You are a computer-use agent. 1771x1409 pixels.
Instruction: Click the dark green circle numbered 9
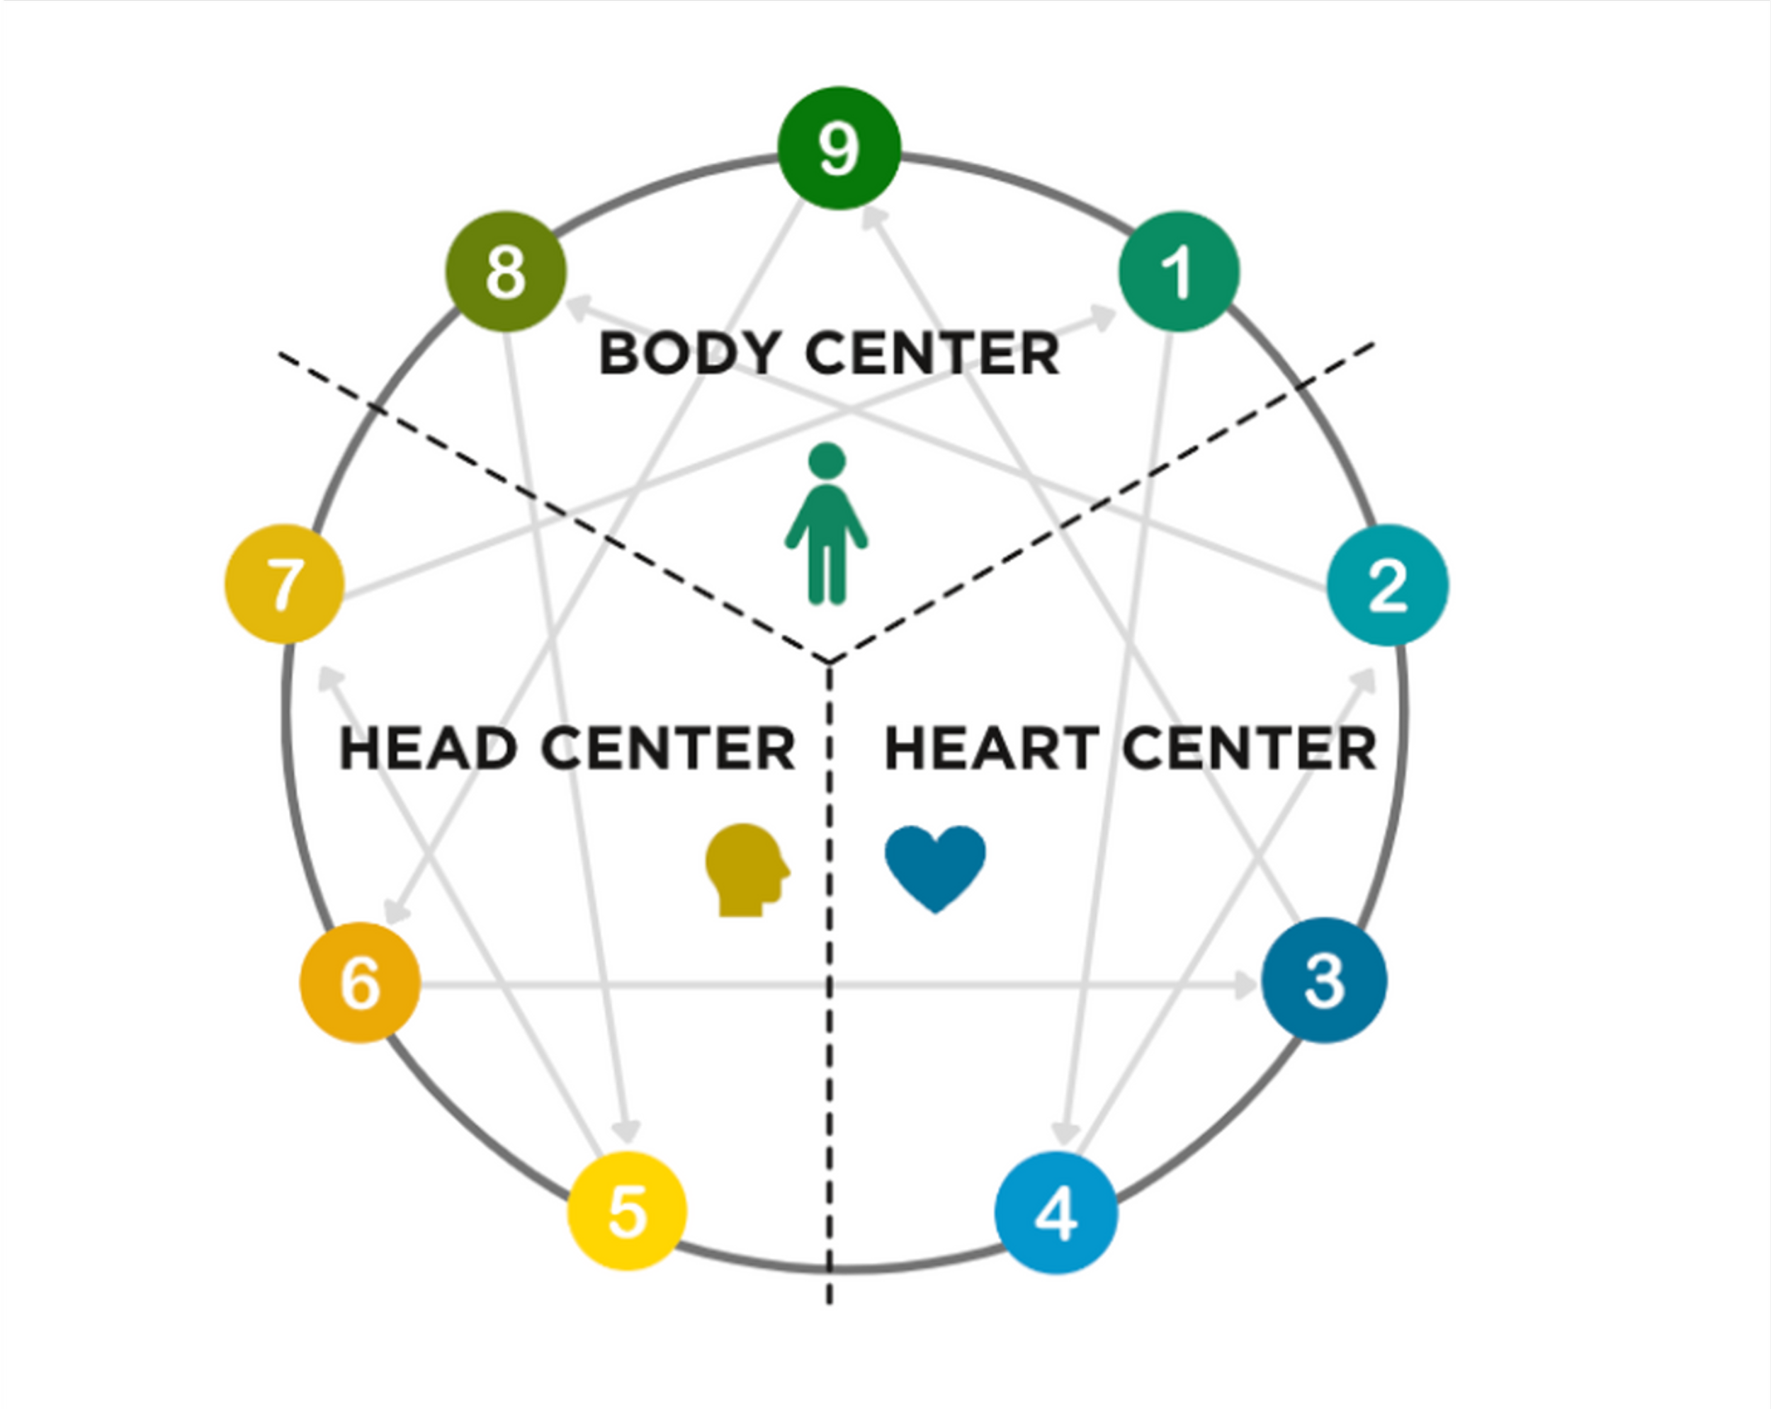coord(839,148)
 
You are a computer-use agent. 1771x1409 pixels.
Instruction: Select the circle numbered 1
coord(1179,272)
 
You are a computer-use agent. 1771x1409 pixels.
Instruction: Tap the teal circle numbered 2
coord(1387,586)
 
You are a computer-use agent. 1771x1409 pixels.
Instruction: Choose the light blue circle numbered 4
coord(1056,1212)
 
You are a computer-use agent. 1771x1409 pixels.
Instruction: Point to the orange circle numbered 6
coord(360,982)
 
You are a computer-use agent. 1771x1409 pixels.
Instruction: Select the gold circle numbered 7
coord(284,585)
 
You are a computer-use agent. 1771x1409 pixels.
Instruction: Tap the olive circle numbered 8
coord(506,272)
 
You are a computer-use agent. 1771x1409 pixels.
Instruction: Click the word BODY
coord(689,354)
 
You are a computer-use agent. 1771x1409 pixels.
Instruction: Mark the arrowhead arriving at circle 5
coord(628,1132)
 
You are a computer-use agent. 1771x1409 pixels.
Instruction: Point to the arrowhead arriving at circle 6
coord(398,911)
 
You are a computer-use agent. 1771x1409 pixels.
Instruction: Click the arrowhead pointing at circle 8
coord(577,307)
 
